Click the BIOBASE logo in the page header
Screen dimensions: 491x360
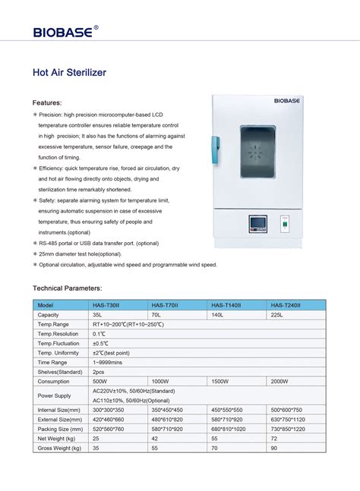pyautogui.click(x=65, y=31)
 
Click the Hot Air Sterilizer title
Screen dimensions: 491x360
pyautogui.click(x=68, y=73)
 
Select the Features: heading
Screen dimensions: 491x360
pyautogui.click(x=47, y=102)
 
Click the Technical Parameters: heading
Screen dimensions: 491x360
pyautogui.click(x=67, y=288)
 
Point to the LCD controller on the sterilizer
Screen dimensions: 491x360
pyautogui.click(x=257, y=225)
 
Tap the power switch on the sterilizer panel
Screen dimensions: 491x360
pyautogui.click(x=286, y=225)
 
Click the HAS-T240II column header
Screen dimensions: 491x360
pyautogui.click(x=286, y=304)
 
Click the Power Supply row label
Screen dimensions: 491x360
pyautogui.click(x=55, y=395)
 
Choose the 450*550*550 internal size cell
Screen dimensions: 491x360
pyautogui.click(x=226, y=410)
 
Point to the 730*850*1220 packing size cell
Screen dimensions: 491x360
pyautogui.click(x=289, y=429)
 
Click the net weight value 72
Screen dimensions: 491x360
pyautogui.click(x=275, y=439)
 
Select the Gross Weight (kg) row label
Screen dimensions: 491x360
pyautogui.click(x=59, y=449)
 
